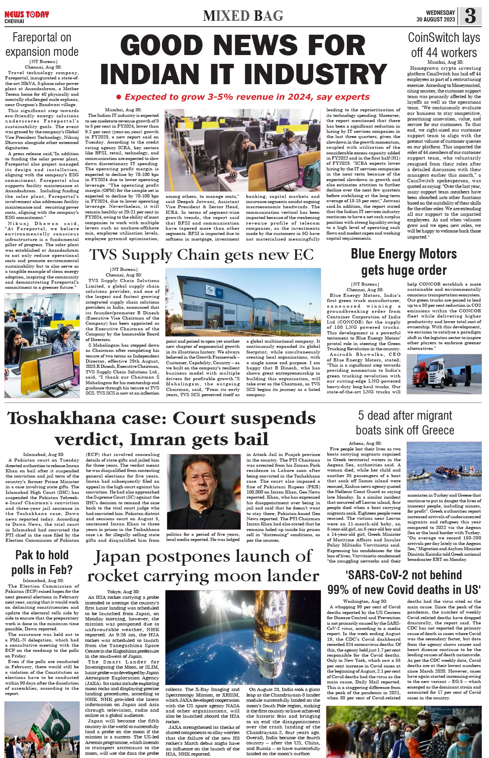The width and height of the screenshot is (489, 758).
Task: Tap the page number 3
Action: tap(470, 16)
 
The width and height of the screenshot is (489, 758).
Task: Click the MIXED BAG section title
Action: tap(243, 16)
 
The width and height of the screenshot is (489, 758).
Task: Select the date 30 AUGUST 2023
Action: tap(435, 20)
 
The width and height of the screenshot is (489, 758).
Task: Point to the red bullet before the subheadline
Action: tap(119, 97)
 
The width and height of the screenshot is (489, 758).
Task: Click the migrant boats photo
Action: tap(443, 467)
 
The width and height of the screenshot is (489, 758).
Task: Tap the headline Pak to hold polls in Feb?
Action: tap(42, 562)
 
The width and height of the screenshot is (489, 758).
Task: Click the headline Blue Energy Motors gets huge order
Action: tap(404, 262)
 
